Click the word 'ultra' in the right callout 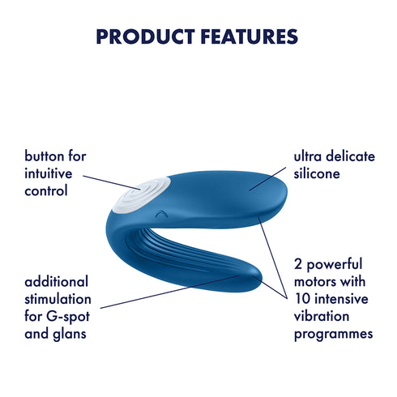309,156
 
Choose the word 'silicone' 319,173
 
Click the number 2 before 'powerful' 298,265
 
